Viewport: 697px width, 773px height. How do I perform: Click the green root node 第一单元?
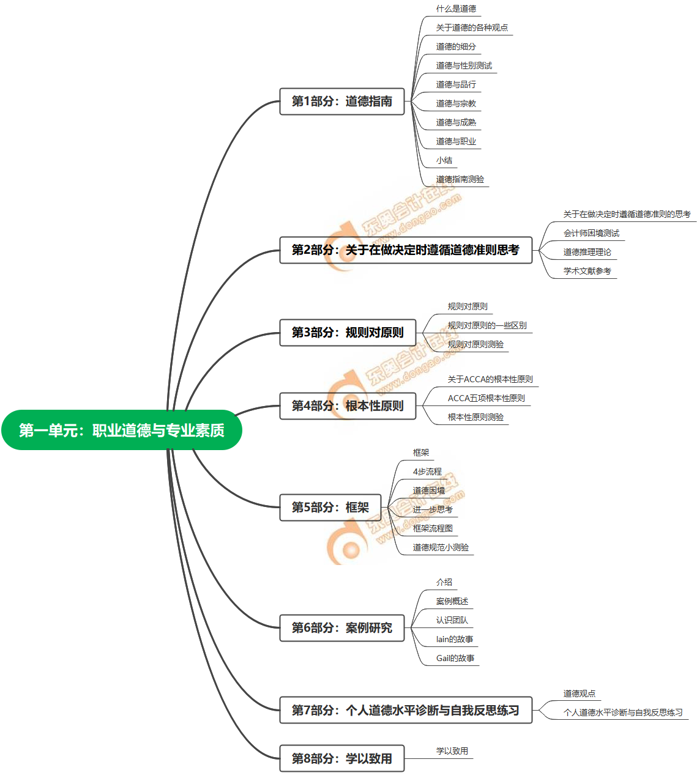(121, 431)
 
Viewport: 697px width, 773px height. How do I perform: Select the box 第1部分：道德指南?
(341, 102)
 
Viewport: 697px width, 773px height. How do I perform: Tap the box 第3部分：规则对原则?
(347, 333)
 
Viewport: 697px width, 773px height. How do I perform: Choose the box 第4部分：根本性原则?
(347, 406)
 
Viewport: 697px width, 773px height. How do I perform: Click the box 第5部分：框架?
(330, 508)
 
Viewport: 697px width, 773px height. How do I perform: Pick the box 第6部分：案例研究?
(341, 628)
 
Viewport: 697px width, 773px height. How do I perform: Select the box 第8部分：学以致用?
(341, 758)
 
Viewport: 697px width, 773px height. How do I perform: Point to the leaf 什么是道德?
(456, 9)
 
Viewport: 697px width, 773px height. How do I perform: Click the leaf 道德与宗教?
(456, 104)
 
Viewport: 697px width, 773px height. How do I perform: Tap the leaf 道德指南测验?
(460, 180)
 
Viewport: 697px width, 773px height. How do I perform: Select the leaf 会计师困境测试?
(591, 234)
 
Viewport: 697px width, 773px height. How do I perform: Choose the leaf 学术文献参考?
(587, 272)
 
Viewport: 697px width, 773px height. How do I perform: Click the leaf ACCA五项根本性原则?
(486, 399)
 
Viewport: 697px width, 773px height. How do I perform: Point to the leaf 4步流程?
(427, 472)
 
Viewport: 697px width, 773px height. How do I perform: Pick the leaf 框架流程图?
(433, 529)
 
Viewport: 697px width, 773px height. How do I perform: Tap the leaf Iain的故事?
(454, 640)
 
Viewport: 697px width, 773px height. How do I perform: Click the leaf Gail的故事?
(455, 659)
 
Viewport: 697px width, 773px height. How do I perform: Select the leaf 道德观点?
(579, 694)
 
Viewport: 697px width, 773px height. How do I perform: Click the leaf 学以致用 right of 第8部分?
(452, 752)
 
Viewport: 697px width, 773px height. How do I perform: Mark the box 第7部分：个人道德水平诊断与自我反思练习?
(405, 711)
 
